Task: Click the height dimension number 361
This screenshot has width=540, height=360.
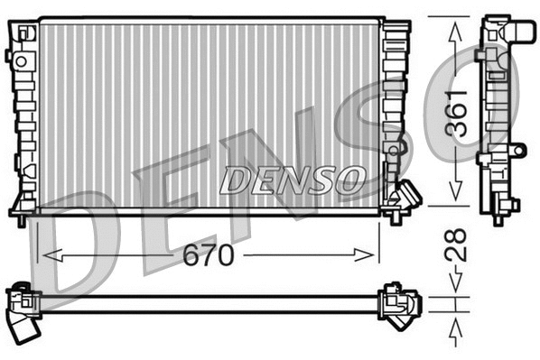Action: (460, 112)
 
